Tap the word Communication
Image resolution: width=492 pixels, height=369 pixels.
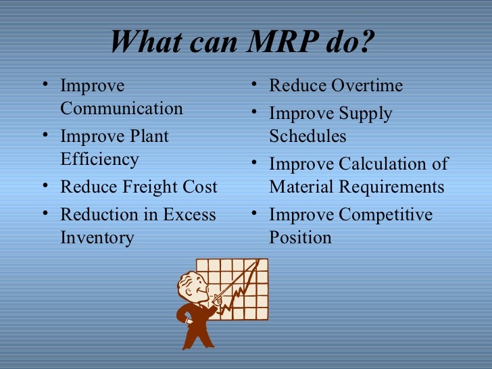(x=122, y=108)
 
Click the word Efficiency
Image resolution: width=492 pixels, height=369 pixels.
(x=99, y=159)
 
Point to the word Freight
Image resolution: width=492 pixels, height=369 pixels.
(x=151, y=187)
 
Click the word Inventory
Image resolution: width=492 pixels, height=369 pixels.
(x=97, y=238)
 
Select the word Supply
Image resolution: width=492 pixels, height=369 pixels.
(x=366, y=114)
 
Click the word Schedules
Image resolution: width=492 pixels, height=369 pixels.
(x=307, y=137)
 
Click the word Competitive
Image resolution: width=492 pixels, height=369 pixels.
(x=386, y=215)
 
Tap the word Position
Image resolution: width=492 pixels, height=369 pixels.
(x=300, y=238)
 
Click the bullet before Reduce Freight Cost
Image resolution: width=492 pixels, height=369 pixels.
(x=45, y=185)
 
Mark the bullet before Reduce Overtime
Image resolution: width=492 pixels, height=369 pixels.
(x=253, y=85)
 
